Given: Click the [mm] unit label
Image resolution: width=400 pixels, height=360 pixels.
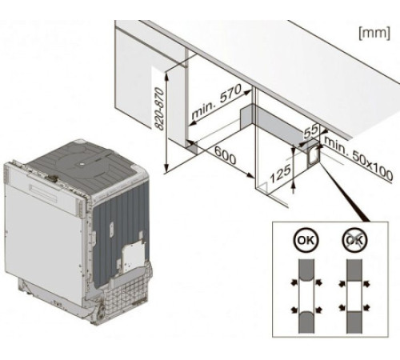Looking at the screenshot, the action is (x=374, y=33).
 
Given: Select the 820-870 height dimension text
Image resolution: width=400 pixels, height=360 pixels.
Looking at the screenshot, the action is (x=159, y=109).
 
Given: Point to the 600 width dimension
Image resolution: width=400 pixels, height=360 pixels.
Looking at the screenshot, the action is (x=226, y=155).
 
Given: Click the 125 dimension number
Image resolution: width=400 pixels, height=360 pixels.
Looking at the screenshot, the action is (x=280, y=174).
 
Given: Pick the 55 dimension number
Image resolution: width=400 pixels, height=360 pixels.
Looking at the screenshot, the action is (x=311, y=131).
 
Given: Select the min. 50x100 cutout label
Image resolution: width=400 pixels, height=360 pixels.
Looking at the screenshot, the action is (x=358, y=158).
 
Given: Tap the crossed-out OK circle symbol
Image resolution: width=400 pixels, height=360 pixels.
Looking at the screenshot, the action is (x=354, y=240).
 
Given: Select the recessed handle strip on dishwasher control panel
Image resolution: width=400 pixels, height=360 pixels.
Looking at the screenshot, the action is (x=43, y=194).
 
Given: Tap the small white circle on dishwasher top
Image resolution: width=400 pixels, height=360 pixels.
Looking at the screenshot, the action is (x=82, y=164).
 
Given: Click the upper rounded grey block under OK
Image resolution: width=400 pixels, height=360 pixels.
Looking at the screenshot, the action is (x=306, y=270).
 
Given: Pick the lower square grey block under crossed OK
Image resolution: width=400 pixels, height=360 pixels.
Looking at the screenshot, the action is (x=354, y=322).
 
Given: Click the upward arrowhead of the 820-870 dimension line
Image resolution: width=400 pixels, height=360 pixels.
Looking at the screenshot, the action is (x=166, y=77).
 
